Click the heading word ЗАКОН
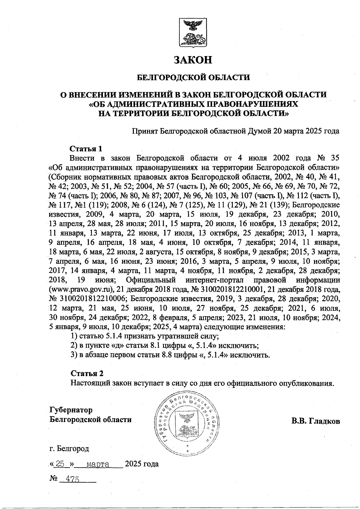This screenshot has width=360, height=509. pos(193,60)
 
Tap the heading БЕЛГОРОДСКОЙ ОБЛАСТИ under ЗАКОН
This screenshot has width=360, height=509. pos(193,78)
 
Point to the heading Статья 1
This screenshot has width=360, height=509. pos(86,149)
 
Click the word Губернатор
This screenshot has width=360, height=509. pos(71,410)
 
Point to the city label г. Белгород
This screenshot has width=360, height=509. pos(69,449)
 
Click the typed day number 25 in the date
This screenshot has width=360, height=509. pos(60,464)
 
